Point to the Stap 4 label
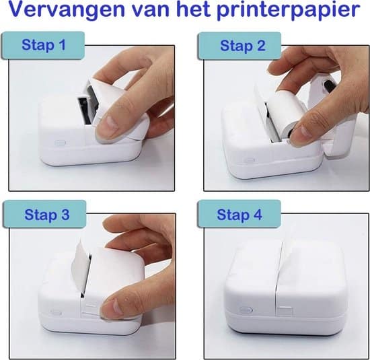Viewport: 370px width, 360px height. pos(239,215)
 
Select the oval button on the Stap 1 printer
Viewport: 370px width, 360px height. pos(57,143)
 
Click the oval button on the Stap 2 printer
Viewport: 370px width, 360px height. pos(250,160)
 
